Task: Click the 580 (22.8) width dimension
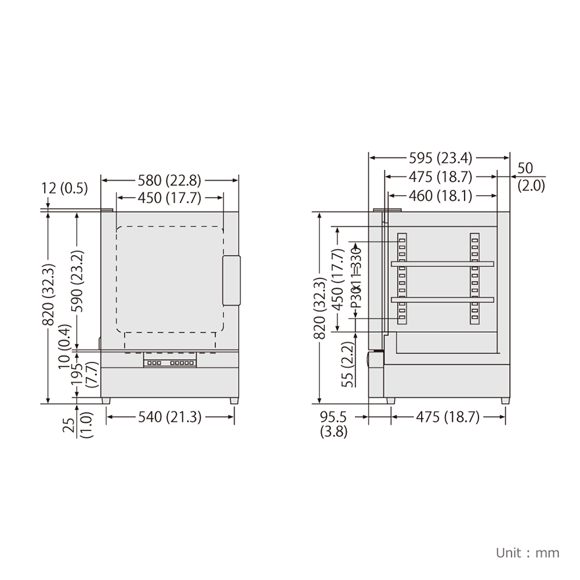169,180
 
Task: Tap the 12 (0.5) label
65,188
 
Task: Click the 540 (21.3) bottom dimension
170,417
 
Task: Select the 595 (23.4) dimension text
440,158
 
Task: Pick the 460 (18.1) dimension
442,196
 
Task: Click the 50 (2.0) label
530,177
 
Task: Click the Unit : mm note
527,552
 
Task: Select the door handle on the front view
231,281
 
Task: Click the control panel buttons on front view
170,363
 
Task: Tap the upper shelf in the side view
442,264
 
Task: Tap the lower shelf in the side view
442,300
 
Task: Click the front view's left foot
105,401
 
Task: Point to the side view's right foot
505,401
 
